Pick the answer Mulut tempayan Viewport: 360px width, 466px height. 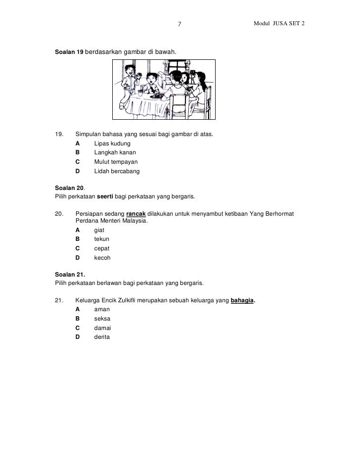coord(116,162)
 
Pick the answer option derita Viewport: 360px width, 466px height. coord(102,337)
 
